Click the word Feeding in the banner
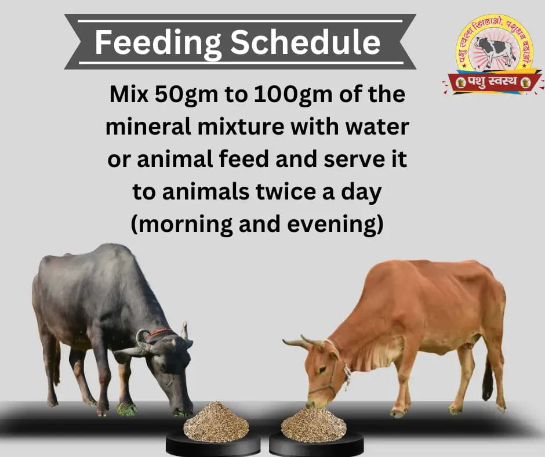click(x=152, y=42)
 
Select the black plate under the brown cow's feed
click(x=317, y=444)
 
